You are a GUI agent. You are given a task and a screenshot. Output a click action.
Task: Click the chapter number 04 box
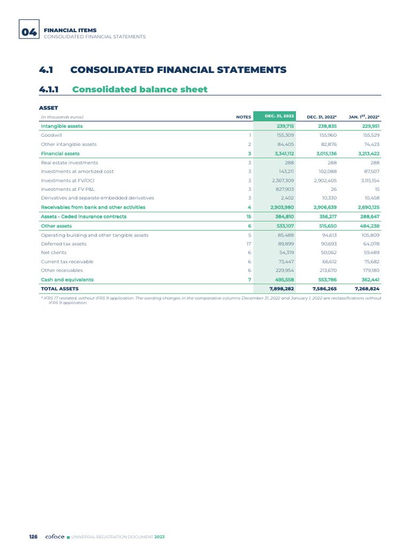[28, 32]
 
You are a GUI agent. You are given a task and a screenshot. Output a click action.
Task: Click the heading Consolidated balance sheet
[139, 89]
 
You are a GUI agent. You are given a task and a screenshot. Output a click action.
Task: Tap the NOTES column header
[243, 116]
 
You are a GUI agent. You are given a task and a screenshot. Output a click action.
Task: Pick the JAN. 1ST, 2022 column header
[364, 116]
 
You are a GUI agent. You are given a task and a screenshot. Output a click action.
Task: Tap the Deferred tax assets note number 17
[248, 243]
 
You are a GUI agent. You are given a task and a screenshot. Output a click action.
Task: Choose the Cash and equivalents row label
[67, 279]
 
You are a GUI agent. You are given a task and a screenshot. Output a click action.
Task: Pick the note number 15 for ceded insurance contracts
[248, 217]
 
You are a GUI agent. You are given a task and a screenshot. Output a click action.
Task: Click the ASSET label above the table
[49, 108]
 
